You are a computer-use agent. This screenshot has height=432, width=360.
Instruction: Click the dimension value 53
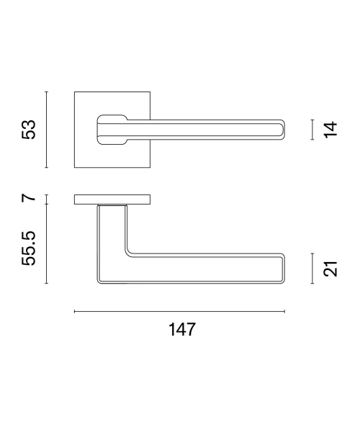pyautogui.click(x=28, y=130)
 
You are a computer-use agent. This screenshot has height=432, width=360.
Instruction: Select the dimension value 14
pyautogui.click(x=330, y=130)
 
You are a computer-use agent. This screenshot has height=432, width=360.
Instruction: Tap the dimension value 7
pyautogui.click(x=28, y=197)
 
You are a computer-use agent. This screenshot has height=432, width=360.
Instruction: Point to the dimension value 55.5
pyautogui.click(x=28, y=248)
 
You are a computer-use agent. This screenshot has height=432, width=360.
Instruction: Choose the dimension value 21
pyautogui.click(x=330, y=269)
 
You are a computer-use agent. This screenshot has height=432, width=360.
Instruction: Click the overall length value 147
pyautogui.click(x=182, y=329)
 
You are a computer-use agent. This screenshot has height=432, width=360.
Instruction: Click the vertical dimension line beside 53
pyautogui.click(x=47, y=130)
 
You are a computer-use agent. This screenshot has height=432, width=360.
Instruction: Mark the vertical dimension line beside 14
pyautogui.click(x=312, y=130)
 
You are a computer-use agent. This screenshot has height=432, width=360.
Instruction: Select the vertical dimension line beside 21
pyautogui.click(x=312, y=269)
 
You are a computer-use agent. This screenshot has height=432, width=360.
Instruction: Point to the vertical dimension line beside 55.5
pyautogui.click(x=47, y=244)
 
